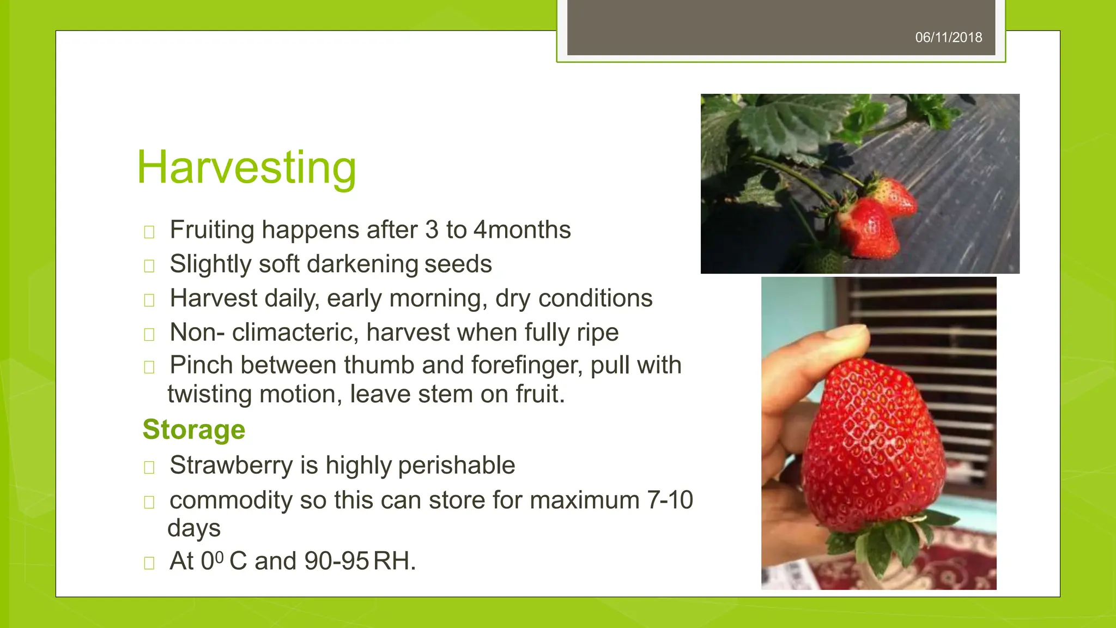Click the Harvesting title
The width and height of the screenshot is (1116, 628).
[246, 168]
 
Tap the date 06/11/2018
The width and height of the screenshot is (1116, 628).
[948, 38]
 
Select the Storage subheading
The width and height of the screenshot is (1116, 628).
[194, 430]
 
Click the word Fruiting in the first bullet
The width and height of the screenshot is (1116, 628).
[212, 230]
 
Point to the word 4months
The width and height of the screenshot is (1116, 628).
[522, 230]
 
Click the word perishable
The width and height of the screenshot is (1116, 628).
[456, 466]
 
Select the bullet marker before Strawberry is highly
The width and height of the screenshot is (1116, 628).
[149, 467]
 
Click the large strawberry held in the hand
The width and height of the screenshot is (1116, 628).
[872, 442]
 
